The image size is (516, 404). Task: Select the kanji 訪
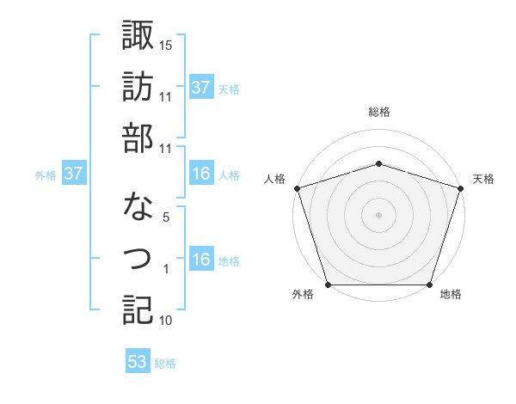(138, 86)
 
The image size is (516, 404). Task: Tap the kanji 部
(138, 138)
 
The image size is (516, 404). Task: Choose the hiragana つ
(138, 258)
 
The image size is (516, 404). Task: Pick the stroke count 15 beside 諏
(166, 45)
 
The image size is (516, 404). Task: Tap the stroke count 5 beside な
(166, 217)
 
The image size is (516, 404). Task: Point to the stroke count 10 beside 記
(166, 321)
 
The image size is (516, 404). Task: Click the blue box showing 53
(138, 362)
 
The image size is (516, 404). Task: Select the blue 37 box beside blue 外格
(73, 174)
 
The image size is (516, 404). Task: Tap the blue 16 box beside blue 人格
(201, 174)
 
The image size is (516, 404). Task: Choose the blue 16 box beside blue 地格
(201, 260)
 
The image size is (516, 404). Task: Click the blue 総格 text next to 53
(165, 364)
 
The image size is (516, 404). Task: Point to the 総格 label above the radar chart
(378, 112)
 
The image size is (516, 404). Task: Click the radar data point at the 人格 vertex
(297, 187)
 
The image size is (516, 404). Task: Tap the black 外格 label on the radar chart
(303, 295)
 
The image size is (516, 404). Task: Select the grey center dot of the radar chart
(378, 214)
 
